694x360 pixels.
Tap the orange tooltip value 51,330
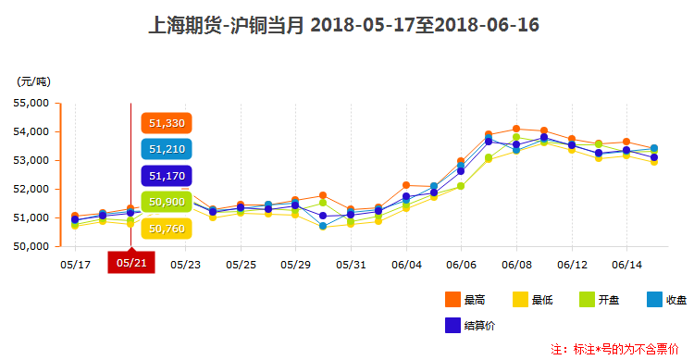point(167,123)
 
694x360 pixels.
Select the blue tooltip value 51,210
point(167,149)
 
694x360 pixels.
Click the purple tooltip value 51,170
point(167,175)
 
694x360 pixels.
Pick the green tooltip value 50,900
point(167,201)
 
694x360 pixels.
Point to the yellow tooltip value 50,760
point(167,228)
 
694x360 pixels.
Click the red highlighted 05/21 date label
point(130,263)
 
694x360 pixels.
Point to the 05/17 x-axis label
point(75,264)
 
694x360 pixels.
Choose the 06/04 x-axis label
point(406,264)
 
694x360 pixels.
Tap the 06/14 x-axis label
point(626,264)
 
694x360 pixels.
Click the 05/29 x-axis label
point(295,264)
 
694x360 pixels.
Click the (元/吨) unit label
point(34,81)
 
